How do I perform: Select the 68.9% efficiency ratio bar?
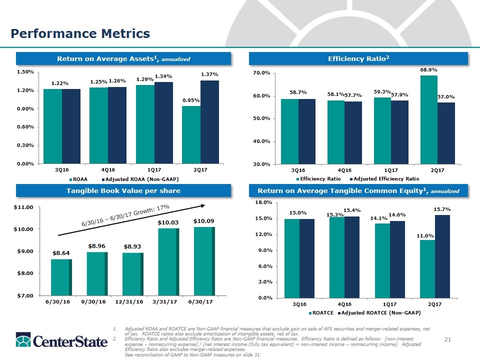(428, 119)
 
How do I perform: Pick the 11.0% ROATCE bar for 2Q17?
(427, 268)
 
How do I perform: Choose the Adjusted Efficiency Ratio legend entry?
(384, 178)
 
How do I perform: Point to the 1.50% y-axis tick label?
(25, 72)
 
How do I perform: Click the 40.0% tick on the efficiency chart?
(262, 141)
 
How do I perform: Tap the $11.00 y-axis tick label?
(23, 206)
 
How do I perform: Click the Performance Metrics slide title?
(80, 33)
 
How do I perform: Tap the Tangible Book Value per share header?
(124, 190)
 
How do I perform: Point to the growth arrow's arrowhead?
(203, 204)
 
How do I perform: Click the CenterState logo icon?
(20, 341)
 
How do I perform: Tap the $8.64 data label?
(60, 253)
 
